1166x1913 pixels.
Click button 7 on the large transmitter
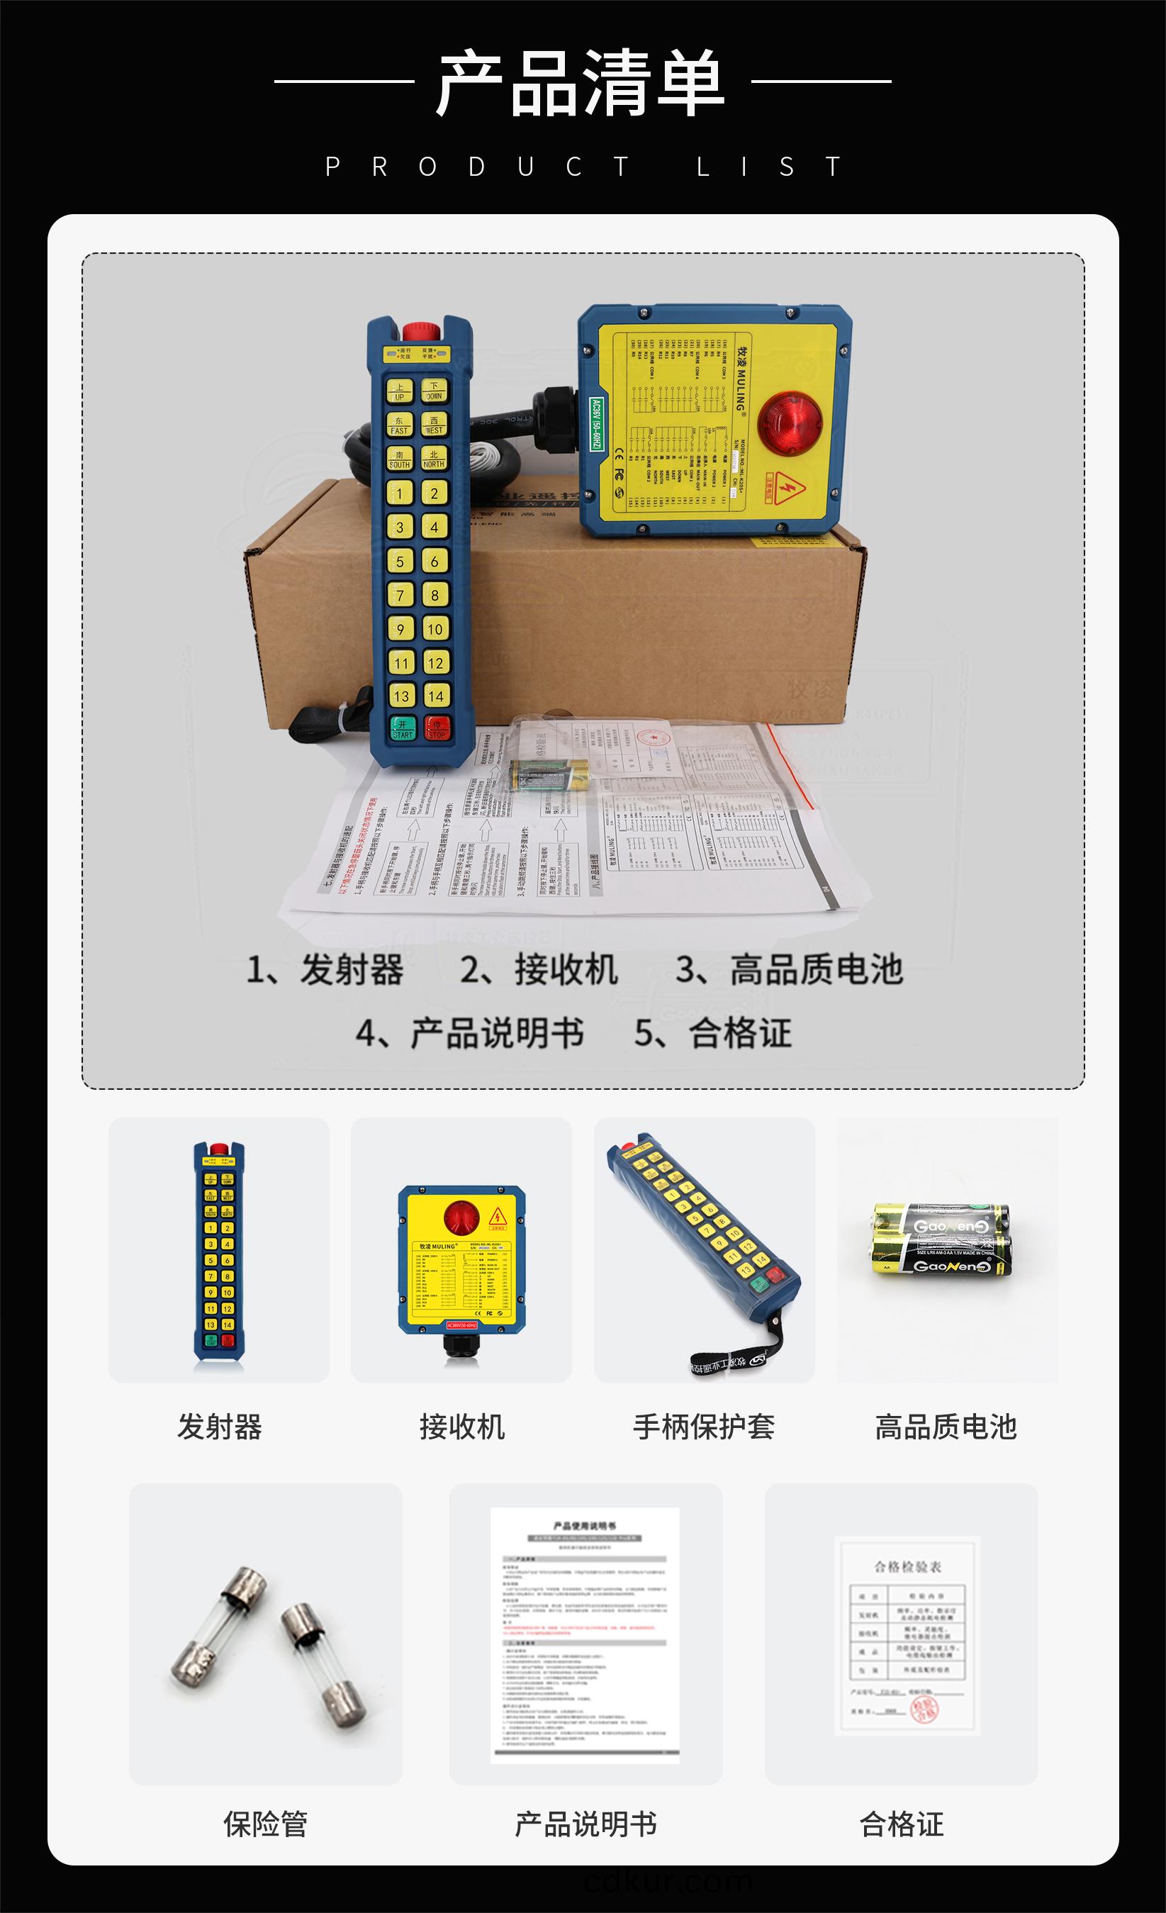coord(400,596)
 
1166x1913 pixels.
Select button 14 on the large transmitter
coord(435,696)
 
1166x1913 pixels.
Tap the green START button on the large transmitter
coord(403,728)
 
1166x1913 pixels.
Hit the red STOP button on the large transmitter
coord(437,728)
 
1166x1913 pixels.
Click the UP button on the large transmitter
coord(400,391)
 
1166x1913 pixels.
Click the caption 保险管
coord(266,1824)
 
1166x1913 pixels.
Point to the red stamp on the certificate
coord(924,1709)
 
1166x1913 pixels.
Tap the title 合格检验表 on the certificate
coord(907,1567)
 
